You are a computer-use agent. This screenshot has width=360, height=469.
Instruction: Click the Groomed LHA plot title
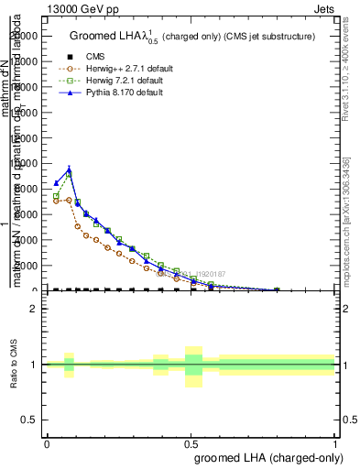191,37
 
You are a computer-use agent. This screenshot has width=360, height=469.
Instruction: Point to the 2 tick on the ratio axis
34,309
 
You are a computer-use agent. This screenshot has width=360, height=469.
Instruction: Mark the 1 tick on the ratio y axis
34,365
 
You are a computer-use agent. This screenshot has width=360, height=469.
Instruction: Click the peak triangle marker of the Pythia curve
70,169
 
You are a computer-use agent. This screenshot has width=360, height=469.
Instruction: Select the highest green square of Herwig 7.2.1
70,175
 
